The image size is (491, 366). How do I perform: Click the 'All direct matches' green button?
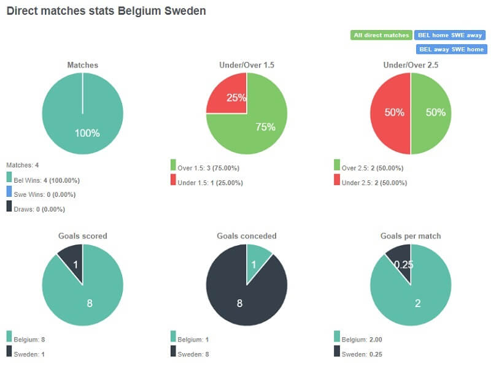[381, 35]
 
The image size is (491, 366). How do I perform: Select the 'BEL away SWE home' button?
[451, 49]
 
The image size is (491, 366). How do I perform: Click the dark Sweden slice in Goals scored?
[72, 260]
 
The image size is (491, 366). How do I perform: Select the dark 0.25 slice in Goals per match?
[400, 261]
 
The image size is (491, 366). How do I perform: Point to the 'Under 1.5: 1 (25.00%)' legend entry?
[209, 183]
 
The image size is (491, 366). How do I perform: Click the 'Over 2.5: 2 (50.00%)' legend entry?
[373, 167]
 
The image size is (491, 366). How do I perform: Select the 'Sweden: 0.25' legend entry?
[363, 354]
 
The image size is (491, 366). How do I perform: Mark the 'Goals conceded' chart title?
[247, 236]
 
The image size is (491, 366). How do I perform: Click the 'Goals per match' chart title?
[411, 236]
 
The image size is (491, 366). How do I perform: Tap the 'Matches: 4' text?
[23, 166]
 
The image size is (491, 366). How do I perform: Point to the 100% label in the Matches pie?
[87, 133]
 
